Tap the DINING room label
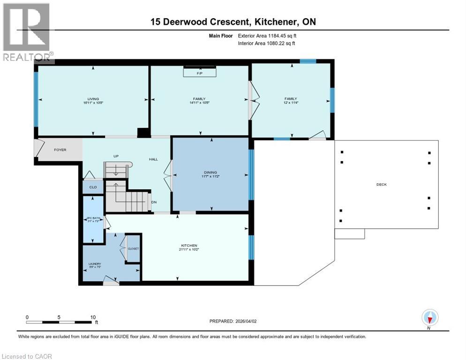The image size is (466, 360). point(210,172)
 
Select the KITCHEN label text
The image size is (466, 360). point(189,246)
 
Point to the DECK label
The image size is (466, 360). point(382,184)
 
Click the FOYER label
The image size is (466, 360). point(60,150)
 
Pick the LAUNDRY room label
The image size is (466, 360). point(95,264)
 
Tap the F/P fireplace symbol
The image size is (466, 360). point(199,73)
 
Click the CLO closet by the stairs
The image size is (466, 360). point(93,187)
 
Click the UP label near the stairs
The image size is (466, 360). point(115,156)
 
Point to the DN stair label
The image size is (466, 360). point(154,202)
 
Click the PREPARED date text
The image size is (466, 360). point(236,321)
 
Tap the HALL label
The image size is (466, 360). point(153,159)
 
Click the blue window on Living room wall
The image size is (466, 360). point(36,99)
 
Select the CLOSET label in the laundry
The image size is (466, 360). point(134,248)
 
